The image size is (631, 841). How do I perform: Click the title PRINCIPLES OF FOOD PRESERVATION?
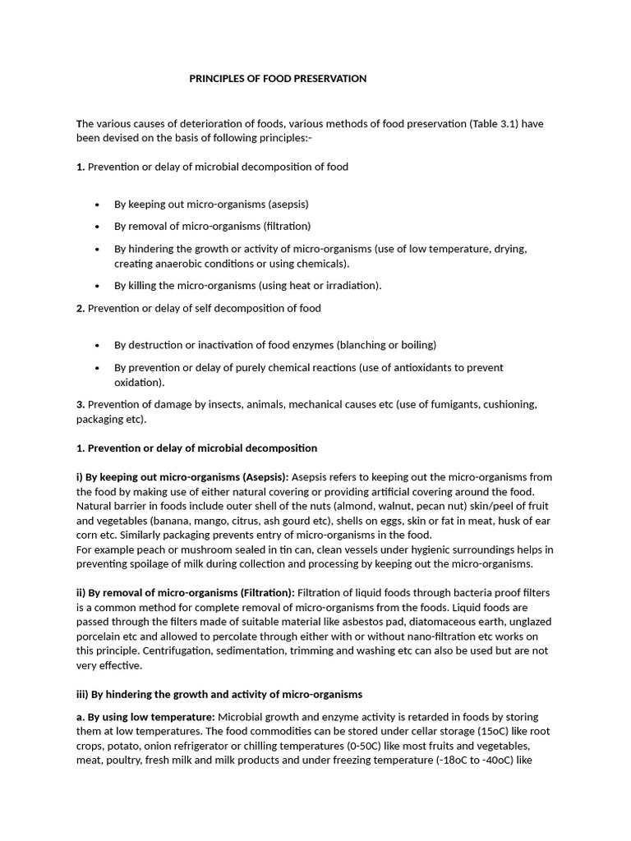278,79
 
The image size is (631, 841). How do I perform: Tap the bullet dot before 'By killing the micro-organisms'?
98,286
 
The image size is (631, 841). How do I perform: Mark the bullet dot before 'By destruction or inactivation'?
98,345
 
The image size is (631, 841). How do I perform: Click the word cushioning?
508,404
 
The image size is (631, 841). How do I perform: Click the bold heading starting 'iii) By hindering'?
219,695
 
